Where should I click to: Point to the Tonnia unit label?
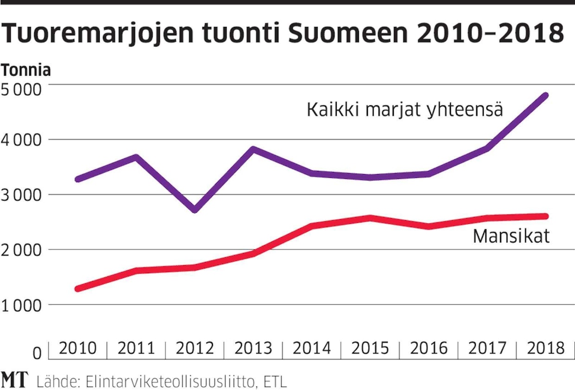(x=26, y=71)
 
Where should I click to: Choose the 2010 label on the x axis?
(x=77, y=348)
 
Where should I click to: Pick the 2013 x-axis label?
(x=253, y=348)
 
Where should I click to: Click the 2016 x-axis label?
(x=429, y=348)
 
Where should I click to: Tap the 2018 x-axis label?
(x=546, y=348)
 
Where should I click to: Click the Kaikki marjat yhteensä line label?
(x=405, y=110)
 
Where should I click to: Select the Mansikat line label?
(x=511, y=236)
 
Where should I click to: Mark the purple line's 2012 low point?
(x=195, y=210)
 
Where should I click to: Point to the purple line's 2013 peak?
(x=253, y=149)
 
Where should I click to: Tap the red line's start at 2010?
(x=78, y=288)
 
